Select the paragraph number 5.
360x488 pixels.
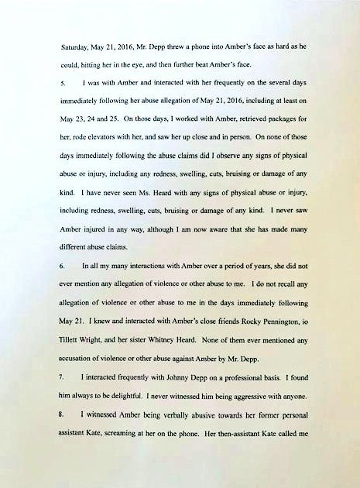(x=63, y=81)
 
